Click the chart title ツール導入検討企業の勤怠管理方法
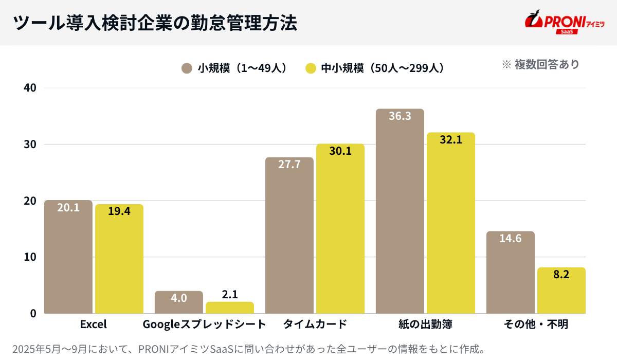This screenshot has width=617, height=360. point(154,23)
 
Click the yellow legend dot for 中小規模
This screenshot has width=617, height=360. point(310,68)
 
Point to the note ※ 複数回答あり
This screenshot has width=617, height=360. point(540,64)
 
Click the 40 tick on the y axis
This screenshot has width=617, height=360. point(30,87)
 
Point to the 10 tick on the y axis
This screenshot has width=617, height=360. point(30,257)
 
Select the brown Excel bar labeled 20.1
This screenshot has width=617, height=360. point(68,257)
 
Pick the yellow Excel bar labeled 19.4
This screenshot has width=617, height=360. point(119,260)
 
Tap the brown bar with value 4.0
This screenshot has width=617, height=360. point(178,303)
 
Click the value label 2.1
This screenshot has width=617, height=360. point(230,295)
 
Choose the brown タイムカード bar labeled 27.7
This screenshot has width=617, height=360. point(289,237)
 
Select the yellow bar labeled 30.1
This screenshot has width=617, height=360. point(340,229)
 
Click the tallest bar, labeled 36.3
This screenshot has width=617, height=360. point(400,211)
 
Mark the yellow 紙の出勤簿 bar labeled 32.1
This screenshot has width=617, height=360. point(450,224)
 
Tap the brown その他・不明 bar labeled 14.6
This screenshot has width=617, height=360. point(510,273)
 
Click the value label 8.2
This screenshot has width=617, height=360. point(561,275)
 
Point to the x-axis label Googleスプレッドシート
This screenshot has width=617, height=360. point(204,325)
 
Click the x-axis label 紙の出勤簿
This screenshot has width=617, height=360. point(425,325)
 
